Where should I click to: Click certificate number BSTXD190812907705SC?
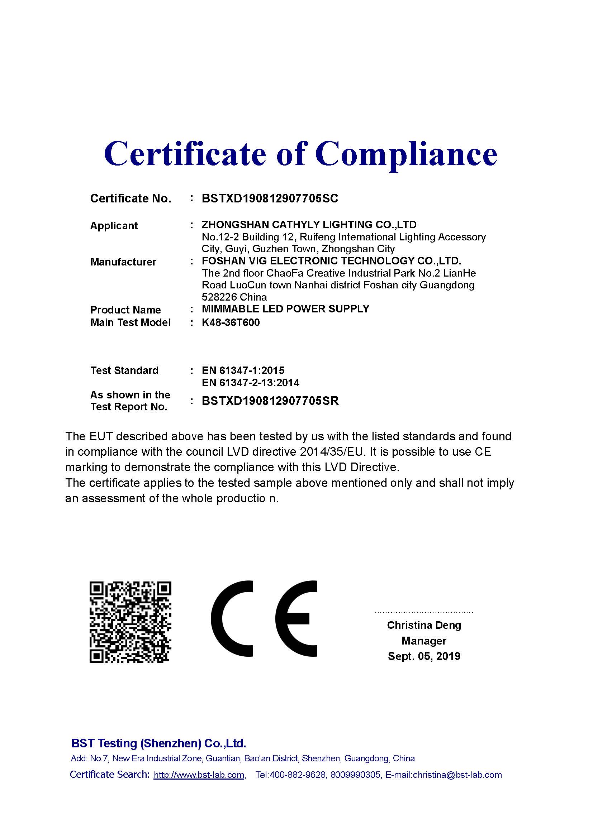click(x=270, y=198)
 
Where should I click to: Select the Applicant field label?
click(x=114, y=226)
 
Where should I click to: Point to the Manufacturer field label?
click(x=123, y=262)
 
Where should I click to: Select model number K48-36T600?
click(x=231, y=323)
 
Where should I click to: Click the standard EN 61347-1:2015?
click(x=243, y=370)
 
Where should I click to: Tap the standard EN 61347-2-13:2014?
click(x=251, y=383)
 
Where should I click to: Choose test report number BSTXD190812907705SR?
click(x=270, y=401)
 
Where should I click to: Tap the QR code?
click(x=131, y=622)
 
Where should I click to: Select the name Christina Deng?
click(x=424, y=625)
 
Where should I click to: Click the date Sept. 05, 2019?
click(x=424, y=656)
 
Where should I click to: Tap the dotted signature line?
click(x=424, y=612)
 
